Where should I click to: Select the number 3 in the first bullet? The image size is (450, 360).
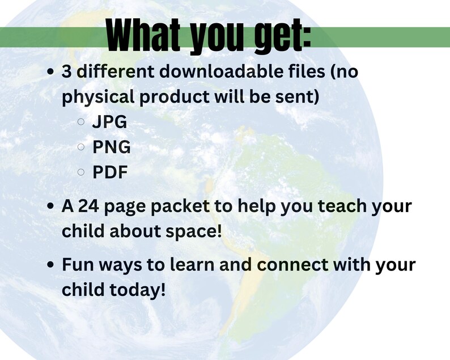coord(66,73)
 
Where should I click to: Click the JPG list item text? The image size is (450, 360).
coord(109,122)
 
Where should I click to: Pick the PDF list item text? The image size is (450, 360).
coord(110,172)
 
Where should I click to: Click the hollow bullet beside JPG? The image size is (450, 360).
coord(81,122)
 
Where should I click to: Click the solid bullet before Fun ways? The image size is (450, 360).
coord(52,265)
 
